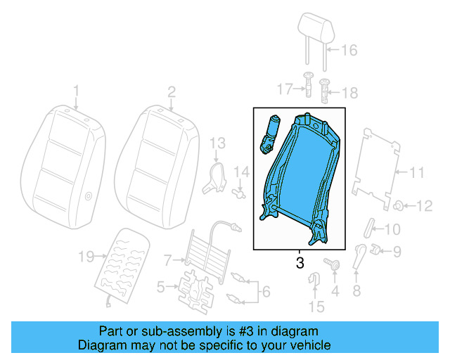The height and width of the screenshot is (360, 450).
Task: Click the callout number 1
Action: click(77, 91)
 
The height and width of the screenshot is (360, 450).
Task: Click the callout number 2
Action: click(171, 91)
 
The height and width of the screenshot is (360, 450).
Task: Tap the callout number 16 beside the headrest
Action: click(349, 50)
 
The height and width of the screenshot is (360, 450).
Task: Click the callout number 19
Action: click(86, 257)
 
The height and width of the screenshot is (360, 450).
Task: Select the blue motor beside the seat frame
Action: click(271, 133)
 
